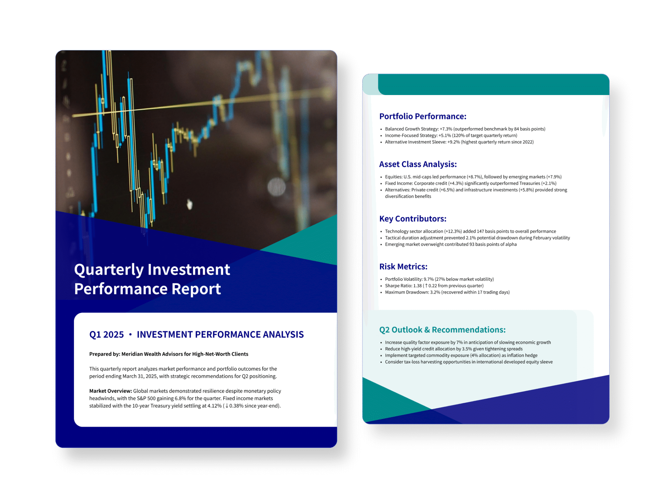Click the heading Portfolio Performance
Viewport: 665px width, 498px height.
tap(422, 116)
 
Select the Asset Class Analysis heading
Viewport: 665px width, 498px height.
tap(418, 164)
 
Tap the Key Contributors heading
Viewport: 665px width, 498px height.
tap(413, 219)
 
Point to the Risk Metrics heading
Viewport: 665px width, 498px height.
tap(403, 267)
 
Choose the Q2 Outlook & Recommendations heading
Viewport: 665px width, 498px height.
tap(442, 330)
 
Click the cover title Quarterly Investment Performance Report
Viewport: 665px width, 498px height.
tap(152, 279)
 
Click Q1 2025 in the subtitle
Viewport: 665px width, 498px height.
tap(107, 335)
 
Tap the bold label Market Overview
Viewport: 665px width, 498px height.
tap(110, 391)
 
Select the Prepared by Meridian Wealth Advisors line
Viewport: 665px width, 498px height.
tap(169, 354)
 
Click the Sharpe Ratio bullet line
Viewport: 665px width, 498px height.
tap(434, 286)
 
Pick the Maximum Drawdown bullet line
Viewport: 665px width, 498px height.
tap(447, 292)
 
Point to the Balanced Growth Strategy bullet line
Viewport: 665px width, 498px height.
tap(465, 129)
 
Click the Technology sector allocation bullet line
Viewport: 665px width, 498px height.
tap(471, 231)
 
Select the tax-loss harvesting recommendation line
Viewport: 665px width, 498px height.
tap(469, 362)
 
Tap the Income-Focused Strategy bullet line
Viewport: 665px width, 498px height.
tap(451, 136)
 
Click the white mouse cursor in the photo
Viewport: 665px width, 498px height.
tap(190, 204)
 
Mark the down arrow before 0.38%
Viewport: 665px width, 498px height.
tap(227, 406)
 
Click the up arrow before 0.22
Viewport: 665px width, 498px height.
tap(426, 286)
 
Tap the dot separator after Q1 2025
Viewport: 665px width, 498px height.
tap(130, 335)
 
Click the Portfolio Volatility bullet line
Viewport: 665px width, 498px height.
tap(439, 279)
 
